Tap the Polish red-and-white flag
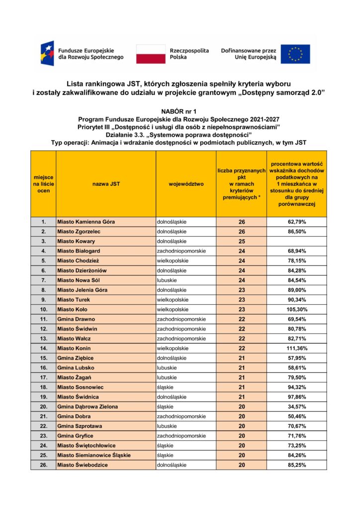click(x=151, y=54)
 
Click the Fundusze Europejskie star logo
click(x=48, y=54)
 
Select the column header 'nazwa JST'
click(x=106, y=184)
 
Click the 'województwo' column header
click(x=186, y=184)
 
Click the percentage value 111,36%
click(x=297, y=348)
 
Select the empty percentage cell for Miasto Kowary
click(x=297, y=241)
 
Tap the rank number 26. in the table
click(x=43, y=465)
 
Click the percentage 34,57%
click(x=297, y=407)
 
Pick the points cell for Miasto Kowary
click(x=242, y=241)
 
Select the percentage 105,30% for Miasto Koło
click(x=297, y=309)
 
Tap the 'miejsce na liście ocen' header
click(x=43, y=184)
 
